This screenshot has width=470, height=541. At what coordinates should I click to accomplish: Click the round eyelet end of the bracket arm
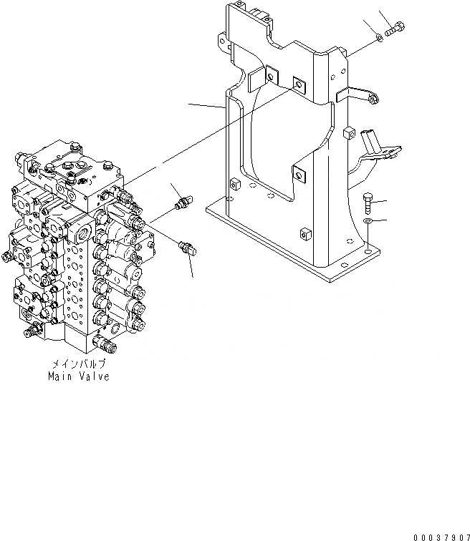click(373, 101)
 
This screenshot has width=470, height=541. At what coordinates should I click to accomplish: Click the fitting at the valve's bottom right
click(110, 348)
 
